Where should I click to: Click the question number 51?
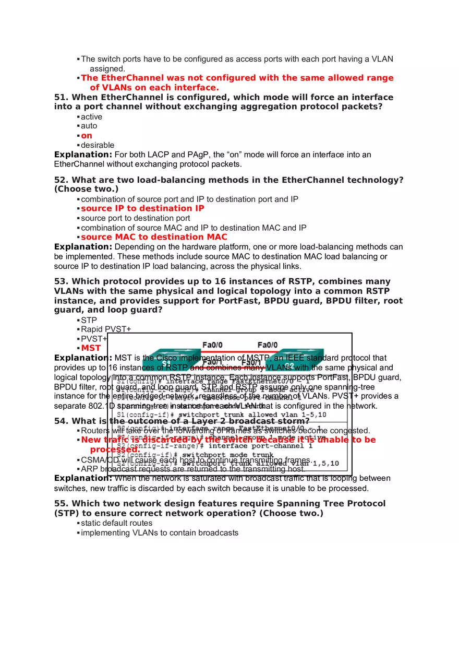coord(61,98)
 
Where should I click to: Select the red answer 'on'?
coord(87,136)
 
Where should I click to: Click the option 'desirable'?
coord(98,145)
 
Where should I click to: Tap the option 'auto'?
coord(89,126)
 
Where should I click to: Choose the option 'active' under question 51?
coord(91,117)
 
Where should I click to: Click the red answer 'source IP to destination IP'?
coord(142,208)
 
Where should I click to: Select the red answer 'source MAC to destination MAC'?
coord(154,237)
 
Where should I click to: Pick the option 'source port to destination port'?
coord(136,218)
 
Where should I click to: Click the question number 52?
coord(61,180)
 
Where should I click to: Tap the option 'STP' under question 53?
coord(89,320)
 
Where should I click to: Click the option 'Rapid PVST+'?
coord(106,329)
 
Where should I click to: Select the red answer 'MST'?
coord(91,348)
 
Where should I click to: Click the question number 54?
coord(61,421)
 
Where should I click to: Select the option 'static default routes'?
coord(117,523)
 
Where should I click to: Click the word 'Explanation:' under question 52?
coord(83,247)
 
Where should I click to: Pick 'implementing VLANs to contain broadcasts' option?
coord(160,533)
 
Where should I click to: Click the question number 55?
coord(61,504)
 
